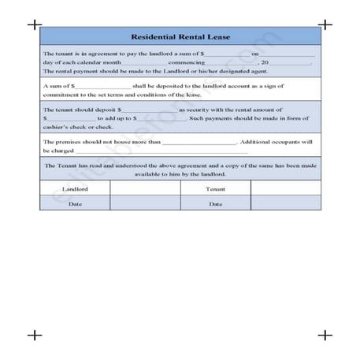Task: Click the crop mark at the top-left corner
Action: click(x=34, y=24)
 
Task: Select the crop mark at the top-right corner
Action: click(x=325, y=24)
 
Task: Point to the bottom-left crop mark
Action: click(x=34, y=335)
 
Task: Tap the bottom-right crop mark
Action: click(x=325, y=335)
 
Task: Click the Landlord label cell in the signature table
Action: click(x=75, y=189)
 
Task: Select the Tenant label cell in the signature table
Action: click(x=216, y=189)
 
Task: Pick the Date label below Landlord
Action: click(x=75, y=204)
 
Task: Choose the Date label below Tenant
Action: click(x=216, y=204)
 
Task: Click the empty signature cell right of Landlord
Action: click(x=145, y=189)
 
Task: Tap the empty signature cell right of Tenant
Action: click(x=285, y=189)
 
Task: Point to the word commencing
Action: click(x=186, y=61)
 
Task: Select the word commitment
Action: click(x=61, y=92)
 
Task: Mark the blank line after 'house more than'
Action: click(x=199, y=143)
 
